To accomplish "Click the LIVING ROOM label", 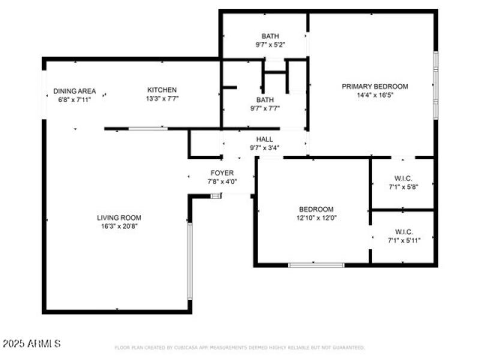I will (x=120, y=218).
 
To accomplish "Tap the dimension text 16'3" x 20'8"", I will (x=120, y=227).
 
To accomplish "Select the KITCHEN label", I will (x=162, y=90).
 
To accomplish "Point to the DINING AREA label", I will (x=74, y=91).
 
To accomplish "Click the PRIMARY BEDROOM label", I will (x=375, y=86).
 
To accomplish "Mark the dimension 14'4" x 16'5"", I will (x=375, y=95).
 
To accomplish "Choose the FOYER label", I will (x=221, y=173).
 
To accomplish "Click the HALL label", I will (x=265, y=139).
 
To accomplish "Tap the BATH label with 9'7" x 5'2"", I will (x=270, y=36).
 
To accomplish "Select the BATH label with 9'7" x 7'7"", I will (x=265, y=100).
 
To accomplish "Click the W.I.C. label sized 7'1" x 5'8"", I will (x=403, y=178).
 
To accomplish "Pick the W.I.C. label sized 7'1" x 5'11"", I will (x=403, y=232).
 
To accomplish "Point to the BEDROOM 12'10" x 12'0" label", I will (x=316, y=209).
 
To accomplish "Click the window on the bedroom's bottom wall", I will (x=316, y=265).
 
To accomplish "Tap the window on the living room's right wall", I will (x=190, y=261).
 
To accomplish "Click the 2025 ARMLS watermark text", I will (x=32, y=344).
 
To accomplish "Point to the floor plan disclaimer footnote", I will (x=239, y=347).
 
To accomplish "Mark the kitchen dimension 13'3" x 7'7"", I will (x=162, y=99).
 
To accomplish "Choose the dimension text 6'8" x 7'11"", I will (x=74, y=100).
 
